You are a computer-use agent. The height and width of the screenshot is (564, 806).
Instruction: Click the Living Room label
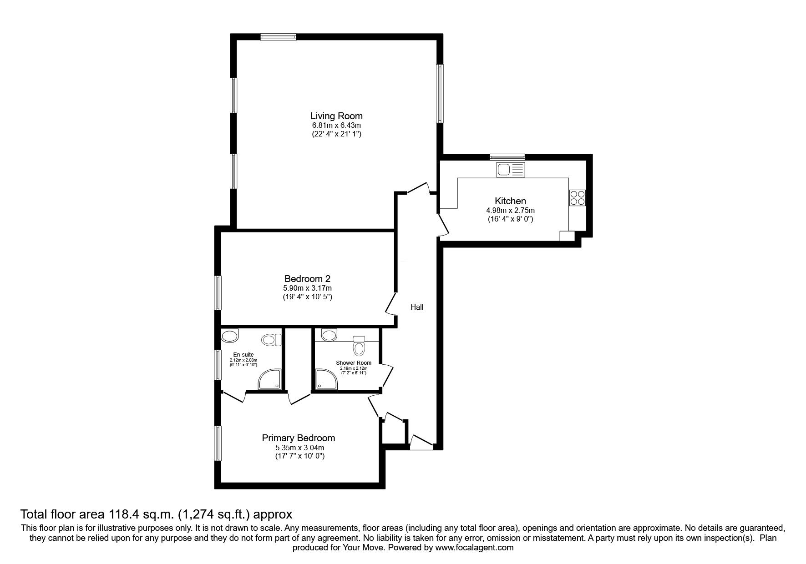[336, 116]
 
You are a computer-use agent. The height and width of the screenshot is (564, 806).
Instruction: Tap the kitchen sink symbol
[511, 170]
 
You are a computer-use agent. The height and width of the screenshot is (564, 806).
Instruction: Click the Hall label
[417, 307]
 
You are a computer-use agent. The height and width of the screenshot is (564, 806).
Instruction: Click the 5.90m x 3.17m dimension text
[307, 288]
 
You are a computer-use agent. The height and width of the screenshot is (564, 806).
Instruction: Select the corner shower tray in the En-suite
[270, 379]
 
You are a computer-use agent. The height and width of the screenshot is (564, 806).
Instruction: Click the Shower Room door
[387, 375]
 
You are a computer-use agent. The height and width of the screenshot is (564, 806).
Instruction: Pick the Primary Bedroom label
[299, 438]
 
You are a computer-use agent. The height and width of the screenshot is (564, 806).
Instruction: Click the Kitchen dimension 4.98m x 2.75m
[510, 210]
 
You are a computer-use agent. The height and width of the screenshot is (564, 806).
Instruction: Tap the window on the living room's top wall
[279, 37]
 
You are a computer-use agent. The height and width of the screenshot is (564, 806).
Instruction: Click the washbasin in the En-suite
[230, 337]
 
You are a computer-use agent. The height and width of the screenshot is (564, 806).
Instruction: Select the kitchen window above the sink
[507, 157]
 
